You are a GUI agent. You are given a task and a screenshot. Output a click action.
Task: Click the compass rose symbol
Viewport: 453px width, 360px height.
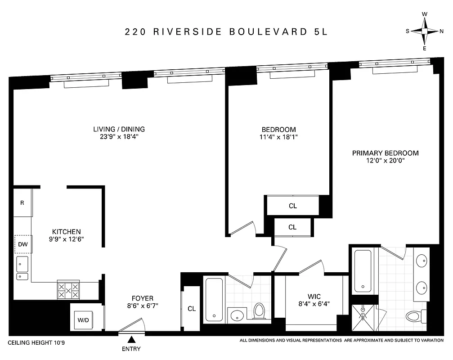(425, 31)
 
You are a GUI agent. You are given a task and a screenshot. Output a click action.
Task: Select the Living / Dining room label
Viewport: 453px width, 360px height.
(119, 129)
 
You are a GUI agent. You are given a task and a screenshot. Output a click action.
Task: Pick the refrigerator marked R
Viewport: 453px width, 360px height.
(22, 202)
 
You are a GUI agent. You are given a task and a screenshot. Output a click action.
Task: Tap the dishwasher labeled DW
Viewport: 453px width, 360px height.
(22, 245)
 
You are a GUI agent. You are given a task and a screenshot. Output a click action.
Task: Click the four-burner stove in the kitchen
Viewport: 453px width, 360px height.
(68, 290)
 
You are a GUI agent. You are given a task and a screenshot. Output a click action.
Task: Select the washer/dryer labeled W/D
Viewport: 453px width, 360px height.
(84, 320)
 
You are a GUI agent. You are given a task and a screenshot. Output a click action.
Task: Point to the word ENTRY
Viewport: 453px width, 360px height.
(131, 349)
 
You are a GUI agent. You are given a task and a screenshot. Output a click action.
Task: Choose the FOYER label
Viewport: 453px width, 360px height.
(142, 298)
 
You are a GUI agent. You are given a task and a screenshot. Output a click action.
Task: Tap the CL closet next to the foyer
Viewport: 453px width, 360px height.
(192, 309)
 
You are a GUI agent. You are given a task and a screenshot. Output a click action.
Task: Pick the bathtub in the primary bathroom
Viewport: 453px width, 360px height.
(363, 271)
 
